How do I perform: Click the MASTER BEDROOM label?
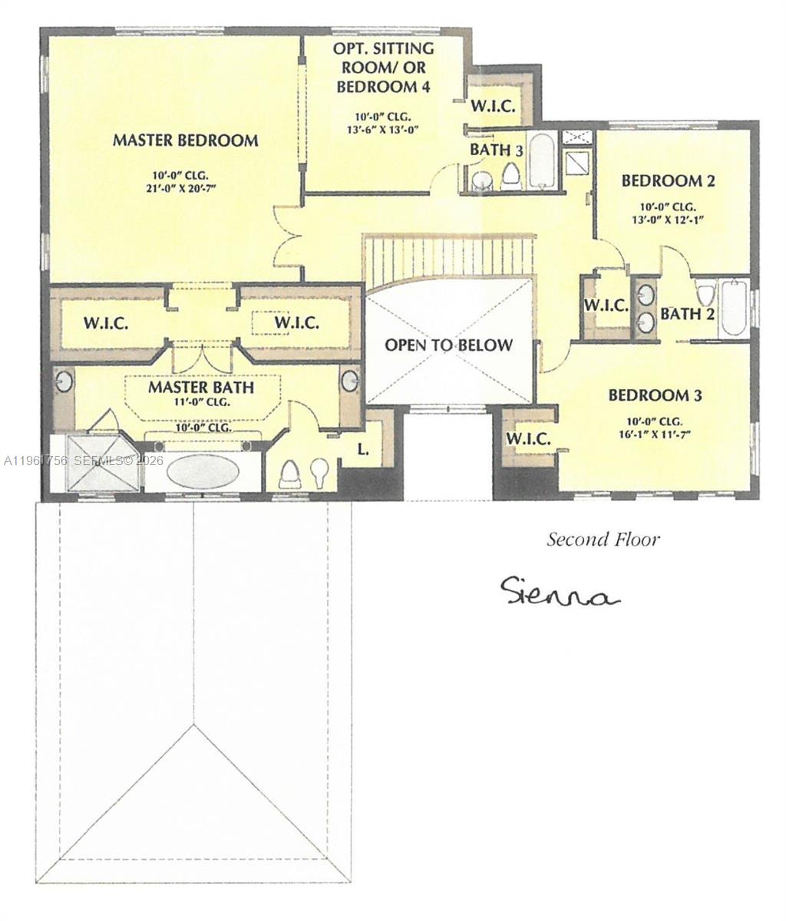[185, 140]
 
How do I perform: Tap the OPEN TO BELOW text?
[448, 345]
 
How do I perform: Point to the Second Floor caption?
[603, 540]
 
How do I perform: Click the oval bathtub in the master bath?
[203, 471]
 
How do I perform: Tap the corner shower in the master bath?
[104, 463]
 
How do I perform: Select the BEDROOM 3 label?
[655, 395]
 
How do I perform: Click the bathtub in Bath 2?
[734, 308]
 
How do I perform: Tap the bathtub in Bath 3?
[542, 161]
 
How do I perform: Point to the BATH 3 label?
[496, 150]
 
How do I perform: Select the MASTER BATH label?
[201, 385]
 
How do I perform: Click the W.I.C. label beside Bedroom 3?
[528, 439]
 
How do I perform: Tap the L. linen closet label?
[364, 450]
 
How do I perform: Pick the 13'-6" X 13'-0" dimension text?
[382, 130]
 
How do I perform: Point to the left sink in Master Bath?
[64, 381]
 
